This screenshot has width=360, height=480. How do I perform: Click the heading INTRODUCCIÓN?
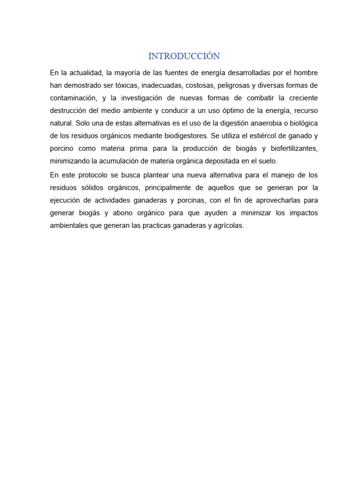tap(184, 56)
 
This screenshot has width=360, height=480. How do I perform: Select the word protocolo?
tap(93, 175)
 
